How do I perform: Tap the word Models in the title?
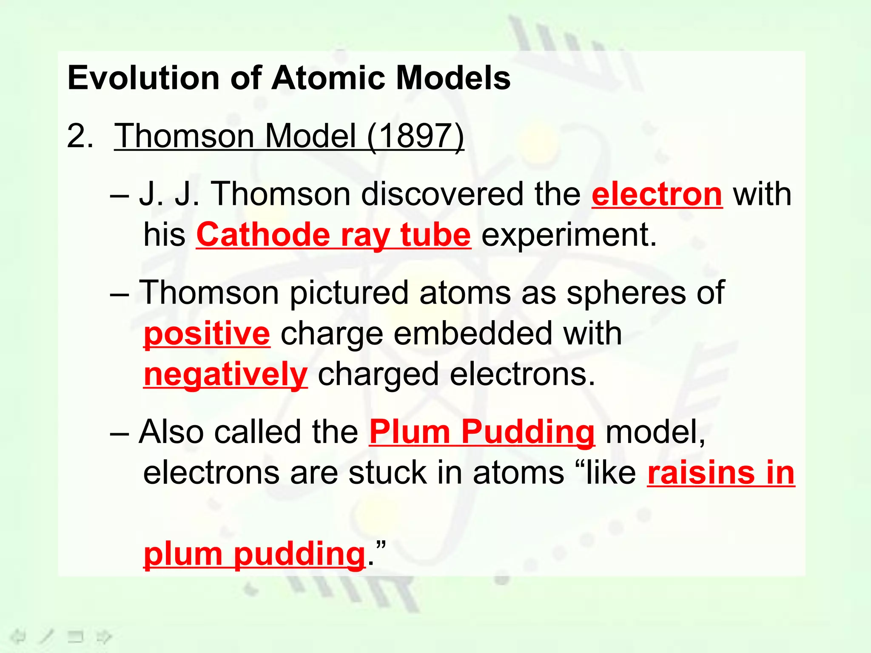click(453, 78)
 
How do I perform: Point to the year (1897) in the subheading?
click(416, 136)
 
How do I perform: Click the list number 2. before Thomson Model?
click(80, 136)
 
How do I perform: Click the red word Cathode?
click(263, 235)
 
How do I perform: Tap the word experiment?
click(569, 235)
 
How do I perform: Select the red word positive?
click(207, 334)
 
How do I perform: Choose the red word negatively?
click(225, 375)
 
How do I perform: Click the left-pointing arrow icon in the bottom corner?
click(18, 636)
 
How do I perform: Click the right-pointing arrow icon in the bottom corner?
click(104, 636)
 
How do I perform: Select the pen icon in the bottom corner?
click(47, 636)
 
